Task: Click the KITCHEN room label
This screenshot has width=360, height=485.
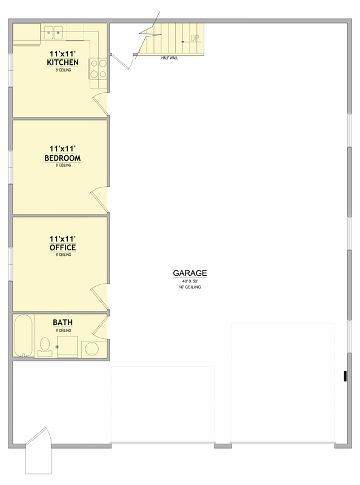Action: tap(62, 62)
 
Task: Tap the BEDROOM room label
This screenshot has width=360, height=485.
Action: tap(62, 158)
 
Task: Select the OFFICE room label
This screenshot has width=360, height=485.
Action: tap(62, 248)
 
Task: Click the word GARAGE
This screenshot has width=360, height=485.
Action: tap(191, 273)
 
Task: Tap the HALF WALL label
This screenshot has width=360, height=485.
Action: tap(170, 58)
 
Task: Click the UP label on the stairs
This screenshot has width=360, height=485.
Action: tap(195, 39)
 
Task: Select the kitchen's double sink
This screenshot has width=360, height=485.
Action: tap(53, 32)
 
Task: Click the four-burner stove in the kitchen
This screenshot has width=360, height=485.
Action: tap(98, 69)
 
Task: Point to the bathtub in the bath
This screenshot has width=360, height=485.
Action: tap(23, 336)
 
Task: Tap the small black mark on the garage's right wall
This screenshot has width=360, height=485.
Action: tap(345, 376)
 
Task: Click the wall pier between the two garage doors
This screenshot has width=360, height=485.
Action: tap(223, 446)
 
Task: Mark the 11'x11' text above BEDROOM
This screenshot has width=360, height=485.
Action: tap(62, 149)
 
